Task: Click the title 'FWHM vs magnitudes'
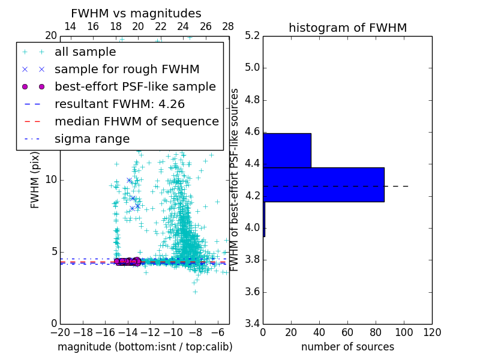click(136, 13)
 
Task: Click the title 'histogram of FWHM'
click(347, 28)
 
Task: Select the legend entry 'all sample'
click(85, 52)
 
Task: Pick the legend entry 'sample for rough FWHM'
click(127, 70)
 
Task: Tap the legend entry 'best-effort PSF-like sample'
click(135, 87)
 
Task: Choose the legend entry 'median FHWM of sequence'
click(136, 122)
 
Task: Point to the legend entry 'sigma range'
click(92, 139)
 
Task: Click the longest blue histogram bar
click(323, 184)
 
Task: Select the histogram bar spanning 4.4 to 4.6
click(287, 150)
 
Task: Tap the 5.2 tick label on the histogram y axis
click(252, 35)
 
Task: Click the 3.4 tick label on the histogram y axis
click(252, 324)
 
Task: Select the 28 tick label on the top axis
click(229, 26)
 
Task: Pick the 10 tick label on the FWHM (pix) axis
click(50, 180)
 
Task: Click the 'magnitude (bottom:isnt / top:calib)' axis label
click(145, 347)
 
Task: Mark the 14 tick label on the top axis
click(70, 26)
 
